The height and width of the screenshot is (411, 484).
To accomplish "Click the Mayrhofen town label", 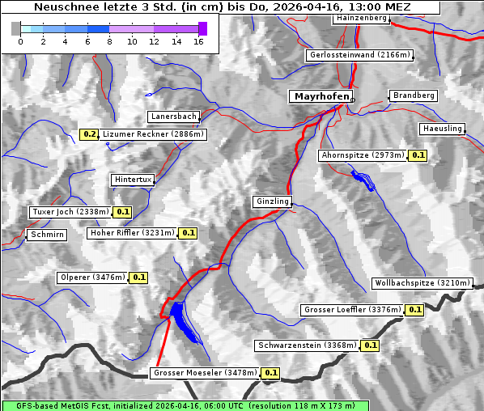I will click(321, 96).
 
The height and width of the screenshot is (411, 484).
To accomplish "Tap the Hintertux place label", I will click(133, 180).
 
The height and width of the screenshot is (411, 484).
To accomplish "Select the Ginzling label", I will click(272, 201).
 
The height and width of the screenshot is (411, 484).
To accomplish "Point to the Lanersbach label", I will click(173, 117).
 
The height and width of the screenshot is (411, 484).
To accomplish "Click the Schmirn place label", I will click(47, 235).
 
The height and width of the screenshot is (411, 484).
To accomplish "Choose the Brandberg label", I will click(414, 95).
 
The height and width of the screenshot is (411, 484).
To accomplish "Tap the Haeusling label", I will click(442, 129).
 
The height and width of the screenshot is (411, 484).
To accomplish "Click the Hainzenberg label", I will click(360, 17).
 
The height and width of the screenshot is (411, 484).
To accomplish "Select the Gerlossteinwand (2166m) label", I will click(360, 55).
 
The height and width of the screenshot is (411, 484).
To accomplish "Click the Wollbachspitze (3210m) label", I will click(422, 283).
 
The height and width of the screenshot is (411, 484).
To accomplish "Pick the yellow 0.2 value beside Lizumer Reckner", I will click(89, 133).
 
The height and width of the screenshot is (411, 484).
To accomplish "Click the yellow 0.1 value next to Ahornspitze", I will click(418, 155).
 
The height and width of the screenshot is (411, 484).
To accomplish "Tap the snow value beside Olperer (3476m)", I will click(138, 278).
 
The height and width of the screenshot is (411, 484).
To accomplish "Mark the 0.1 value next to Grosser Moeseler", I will click(270, 373).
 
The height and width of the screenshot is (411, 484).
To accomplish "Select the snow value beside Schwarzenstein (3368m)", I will click(370, 345).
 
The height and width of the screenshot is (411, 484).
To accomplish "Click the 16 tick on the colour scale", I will click(198, 40).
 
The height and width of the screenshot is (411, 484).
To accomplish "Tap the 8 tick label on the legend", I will click(109, 40).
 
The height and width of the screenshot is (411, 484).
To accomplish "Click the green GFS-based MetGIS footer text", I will click(185, 405).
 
